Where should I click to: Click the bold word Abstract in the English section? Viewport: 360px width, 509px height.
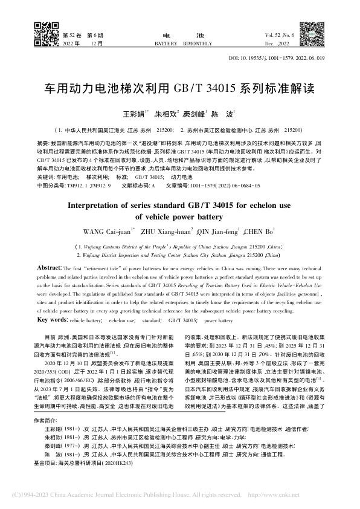[48, 267]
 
